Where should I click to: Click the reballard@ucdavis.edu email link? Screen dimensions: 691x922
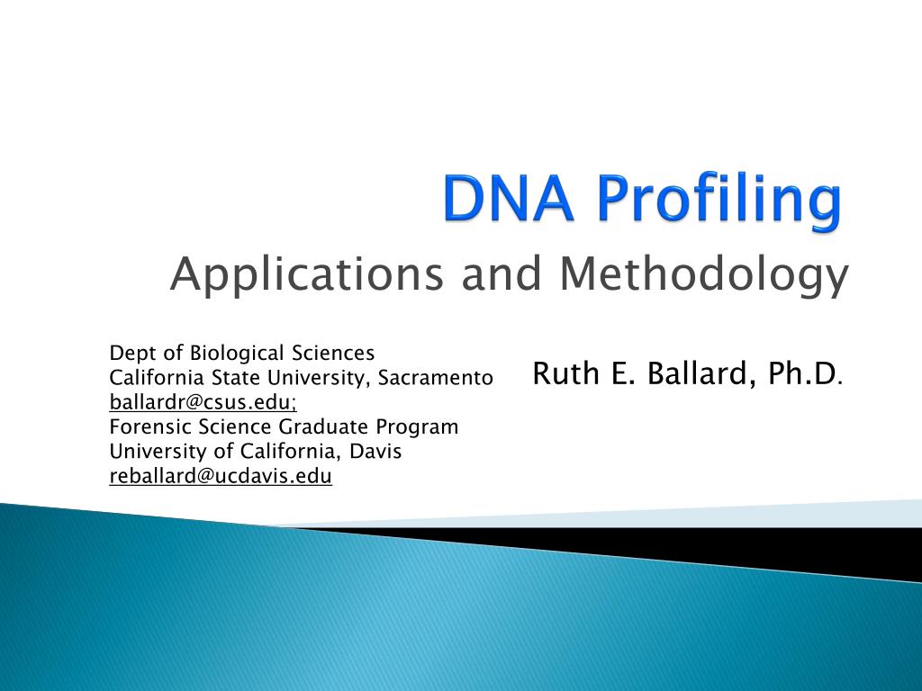pyautogui.click(x=221, y=477)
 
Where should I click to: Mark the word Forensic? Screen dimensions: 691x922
pyautogui.click(x=147, y=426)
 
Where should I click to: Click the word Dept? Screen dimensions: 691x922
pyautogui.click(x=132, y=353)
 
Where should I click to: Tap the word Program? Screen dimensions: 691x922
pyautogui.click(x=418, y=427)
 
